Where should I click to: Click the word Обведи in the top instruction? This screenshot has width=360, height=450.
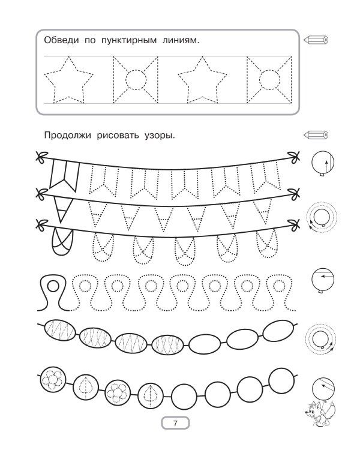tap(61, 40)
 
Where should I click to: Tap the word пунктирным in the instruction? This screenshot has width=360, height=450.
tap(129, 41)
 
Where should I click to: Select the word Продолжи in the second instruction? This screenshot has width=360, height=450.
tap(67, 135)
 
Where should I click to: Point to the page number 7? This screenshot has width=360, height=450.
tap(175, 423)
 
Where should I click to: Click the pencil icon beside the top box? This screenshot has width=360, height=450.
tap(316, 40)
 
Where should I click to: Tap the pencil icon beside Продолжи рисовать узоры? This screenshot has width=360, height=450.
tap(316, 134)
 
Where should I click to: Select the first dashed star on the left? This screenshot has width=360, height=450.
tap(68, 80)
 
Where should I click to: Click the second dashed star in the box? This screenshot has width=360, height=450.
tap(202, 80)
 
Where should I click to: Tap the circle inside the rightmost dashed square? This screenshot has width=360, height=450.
tap(269, 79)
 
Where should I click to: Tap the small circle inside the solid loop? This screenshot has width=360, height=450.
tap(53, 286)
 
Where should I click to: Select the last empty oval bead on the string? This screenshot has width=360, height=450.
tap(279, 331)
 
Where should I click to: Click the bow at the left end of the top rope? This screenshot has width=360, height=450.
tap(41, 157)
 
